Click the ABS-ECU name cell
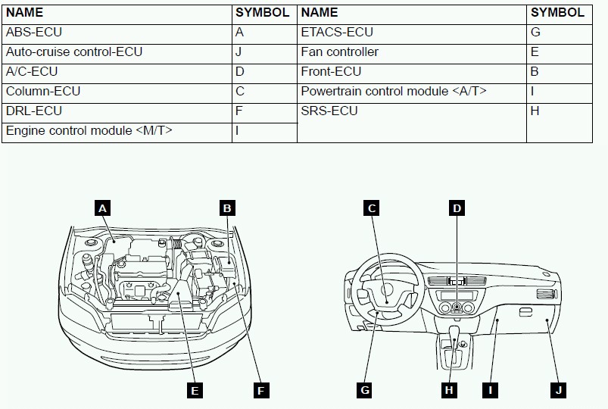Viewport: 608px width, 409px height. (x=34, y=33)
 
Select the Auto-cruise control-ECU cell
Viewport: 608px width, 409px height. (x=74, y=52)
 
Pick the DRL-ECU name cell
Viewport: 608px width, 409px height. (x=34, y=111)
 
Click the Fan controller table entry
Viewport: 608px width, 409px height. (x=340, y=52)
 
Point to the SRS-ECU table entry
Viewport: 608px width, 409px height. (x=329, y=111)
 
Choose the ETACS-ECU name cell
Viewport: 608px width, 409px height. (x=337, y=33)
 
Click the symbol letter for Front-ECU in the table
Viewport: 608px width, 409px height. (x=535, y=72)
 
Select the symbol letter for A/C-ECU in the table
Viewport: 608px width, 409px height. (x=240, y=72)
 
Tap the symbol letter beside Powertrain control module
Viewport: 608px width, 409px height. (x=533, y=92)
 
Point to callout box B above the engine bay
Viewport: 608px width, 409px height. (x=226, y=207)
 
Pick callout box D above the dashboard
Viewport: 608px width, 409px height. (x=457, y=207)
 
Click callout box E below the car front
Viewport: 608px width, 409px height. (x=195, y=390)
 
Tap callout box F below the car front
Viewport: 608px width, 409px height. (x=260, y=390)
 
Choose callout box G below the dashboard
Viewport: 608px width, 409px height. (x=365, y=390)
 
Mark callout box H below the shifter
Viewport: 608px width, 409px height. (x=449, y=390)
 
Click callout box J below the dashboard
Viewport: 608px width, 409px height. (x=558, y=390)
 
